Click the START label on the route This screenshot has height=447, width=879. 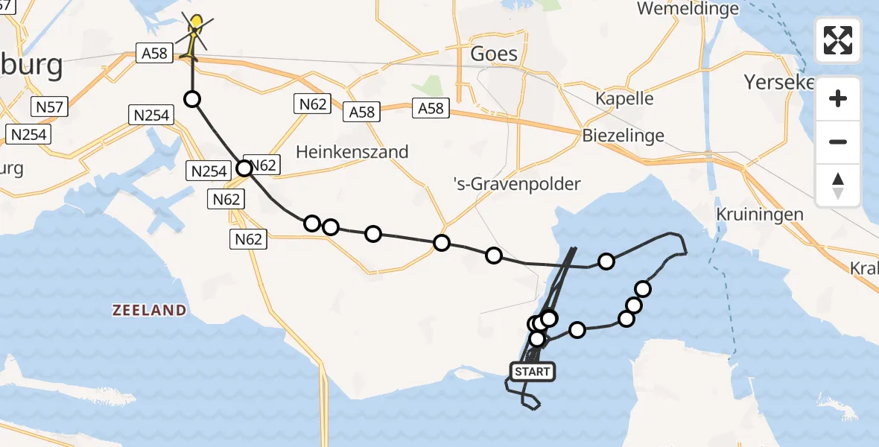[x=532, y=371]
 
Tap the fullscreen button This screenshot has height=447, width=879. [x=838, y=40]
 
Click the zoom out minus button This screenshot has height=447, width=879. [x=838, y=142]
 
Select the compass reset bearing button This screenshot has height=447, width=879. [x=838, y=185]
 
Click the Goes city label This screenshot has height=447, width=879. [x=494, y=54]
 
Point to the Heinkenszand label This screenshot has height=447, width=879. [x=352, y=152]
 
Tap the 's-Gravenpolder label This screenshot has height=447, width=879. [x=517, y=183]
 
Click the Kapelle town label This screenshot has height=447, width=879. [x=624, y=98]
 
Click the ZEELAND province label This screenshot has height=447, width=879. [x=149, y=310]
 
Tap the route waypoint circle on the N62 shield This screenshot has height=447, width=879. [x=244, y=168]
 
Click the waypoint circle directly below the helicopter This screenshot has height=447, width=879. [x=192, y=99]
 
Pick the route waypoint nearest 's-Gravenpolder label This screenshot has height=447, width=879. [x=493, y=256]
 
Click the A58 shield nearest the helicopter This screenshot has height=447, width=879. [x=155, y=54]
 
